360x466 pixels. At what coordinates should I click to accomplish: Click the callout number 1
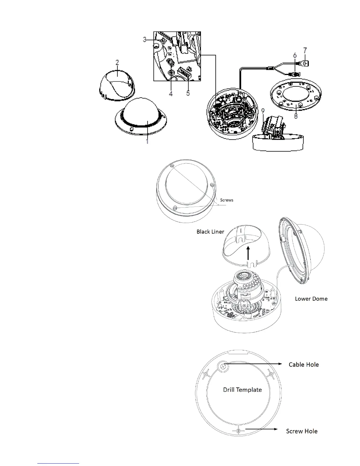click(147, 141)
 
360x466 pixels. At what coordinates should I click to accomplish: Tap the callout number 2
click(117, 62)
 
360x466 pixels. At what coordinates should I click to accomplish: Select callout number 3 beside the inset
click(145, 39)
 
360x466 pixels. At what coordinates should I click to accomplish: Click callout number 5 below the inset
click(188, 93)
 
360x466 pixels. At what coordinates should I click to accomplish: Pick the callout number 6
click(294, 55)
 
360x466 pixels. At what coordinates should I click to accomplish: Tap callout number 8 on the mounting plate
click(296, 116)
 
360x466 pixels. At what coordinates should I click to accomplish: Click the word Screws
click(226, 200)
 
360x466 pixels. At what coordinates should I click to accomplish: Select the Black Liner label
click(210, 232)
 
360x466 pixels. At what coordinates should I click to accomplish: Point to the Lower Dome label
click(311, 299)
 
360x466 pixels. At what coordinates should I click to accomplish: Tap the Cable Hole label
click(304, 365)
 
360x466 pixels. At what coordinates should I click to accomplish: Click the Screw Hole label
click(302, 431)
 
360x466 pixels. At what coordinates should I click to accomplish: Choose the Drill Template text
click(242, 390)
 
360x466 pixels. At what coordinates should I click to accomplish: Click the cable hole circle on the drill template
click(223, 366)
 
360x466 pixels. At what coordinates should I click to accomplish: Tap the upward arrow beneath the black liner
click(249, 253)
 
